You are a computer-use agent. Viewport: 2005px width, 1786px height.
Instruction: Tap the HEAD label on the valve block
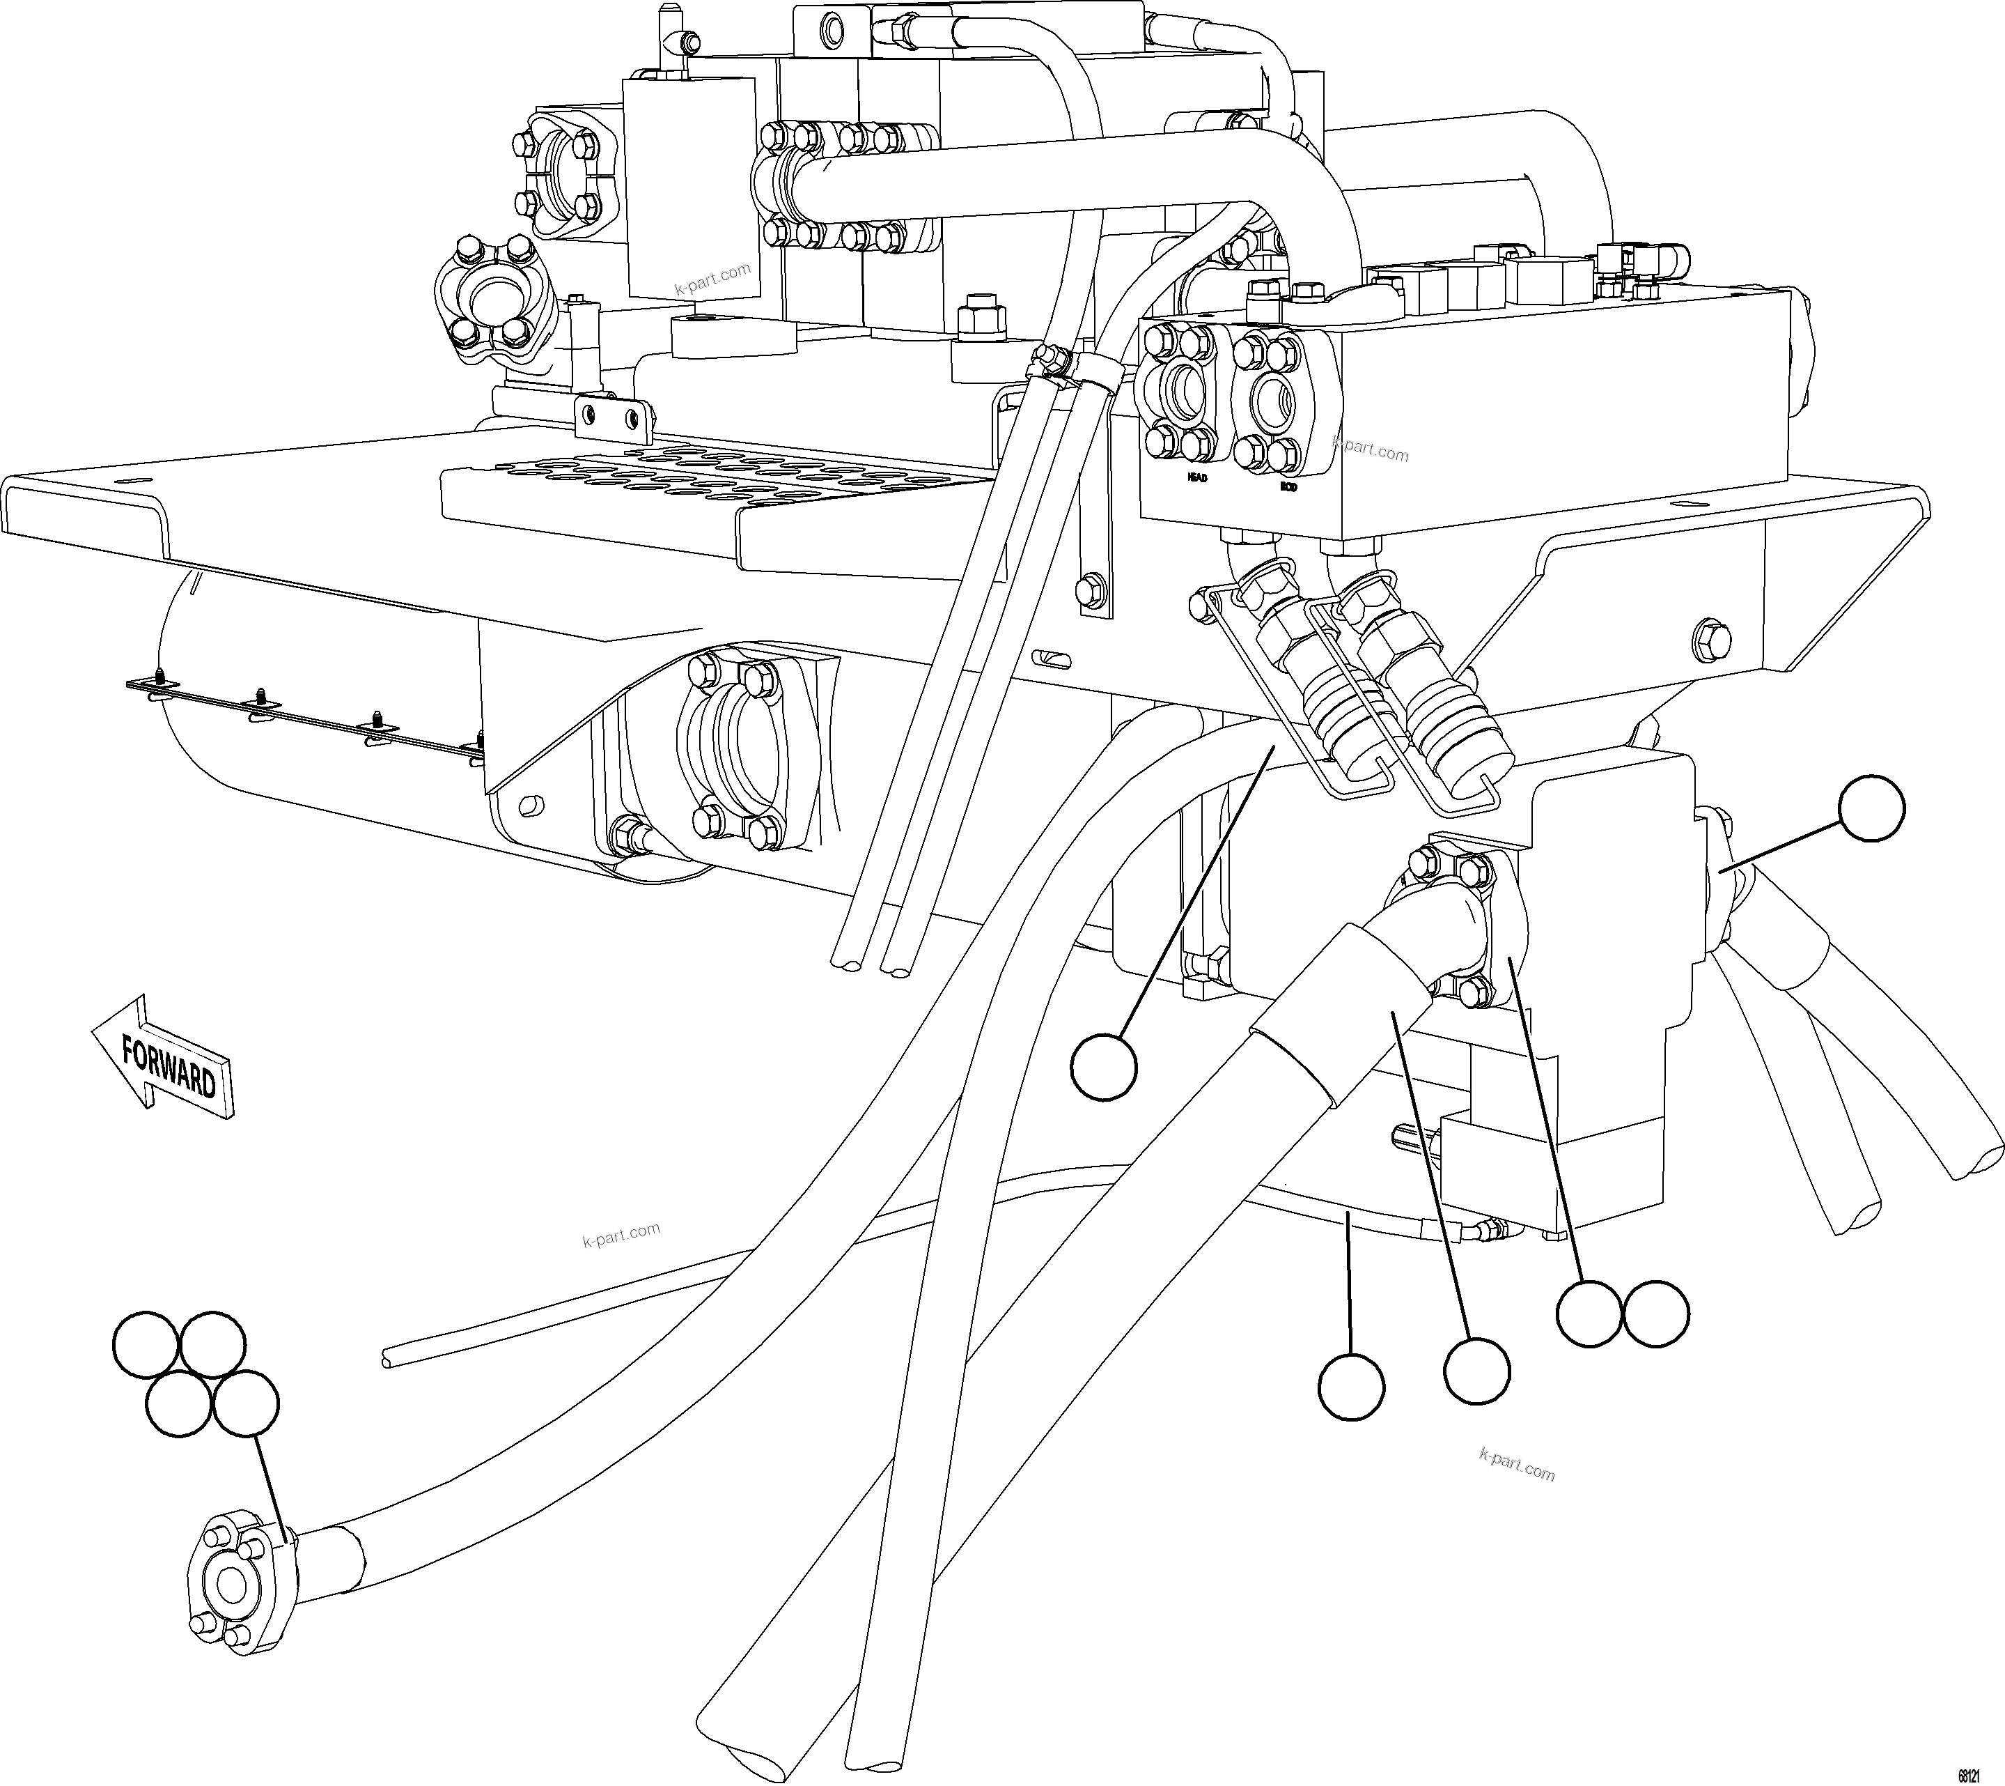[1196, 478]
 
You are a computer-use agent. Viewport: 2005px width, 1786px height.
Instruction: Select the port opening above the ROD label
[1272, 401]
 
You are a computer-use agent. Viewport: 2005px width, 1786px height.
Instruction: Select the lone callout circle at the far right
[1871, 808]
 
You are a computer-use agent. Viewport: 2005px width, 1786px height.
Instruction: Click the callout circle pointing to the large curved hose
[1104, 1065]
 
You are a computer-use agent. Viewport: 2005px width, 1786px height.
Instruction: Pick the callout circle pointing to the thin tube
[1352, 1385]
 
